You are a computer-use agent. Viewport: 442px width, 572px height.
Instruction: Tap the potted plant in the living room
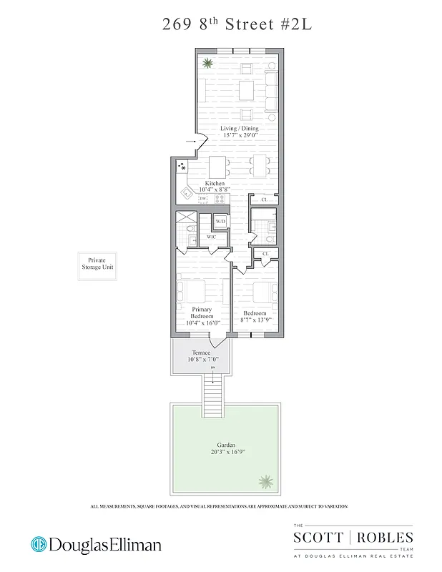[x=208, y=63]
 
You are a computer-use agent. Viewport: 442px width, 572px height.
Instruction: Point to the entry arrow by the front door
[x=190, y=143]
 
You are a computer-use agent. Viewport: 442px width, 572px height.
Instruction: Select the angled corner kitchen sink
[x=186, y=192]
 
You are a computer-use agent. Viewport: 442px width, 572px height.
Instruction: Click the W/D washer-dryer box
[x=220, y=222]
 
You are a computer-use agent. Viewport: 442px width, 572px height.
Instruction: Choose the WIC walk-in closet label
[x=211, y=236]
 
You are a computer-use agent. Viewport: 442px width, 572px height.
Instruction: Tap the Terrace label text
[x=201, y=353]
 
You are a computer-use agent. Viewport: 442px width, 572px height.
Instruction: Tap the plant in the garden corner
[x=265, y=480]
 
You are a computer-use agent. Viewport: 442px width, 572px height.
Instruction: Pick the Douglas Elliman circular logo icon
[x=39, y=545]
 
